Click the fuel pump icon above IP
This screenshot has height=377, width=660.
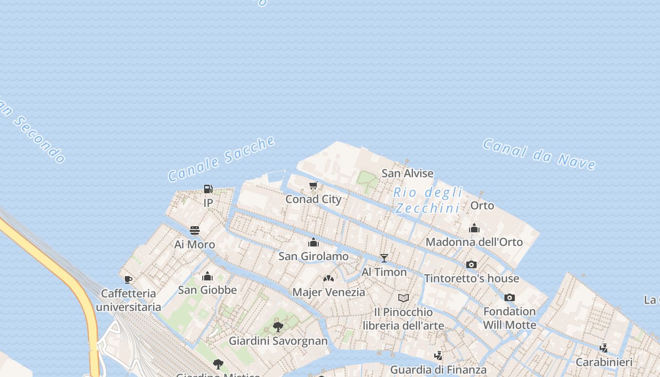pyautogui.click(x=208, y=189)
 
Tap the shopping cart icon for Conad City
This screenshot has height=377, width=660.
pyautogui.click(x=313, y=185)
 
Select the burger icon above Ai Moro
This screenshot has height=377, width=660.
pyautogui.click(x=195, y=230)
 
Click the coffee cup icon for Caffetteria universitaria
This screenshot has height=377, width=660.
pyautogui.click(x=128, y=279)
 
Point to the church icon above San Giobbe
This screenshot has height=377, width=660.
pyautogui.click(x=207, y=276)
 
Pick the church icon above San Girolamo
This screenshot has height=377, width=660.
pyautogui.click(x=313, y=243)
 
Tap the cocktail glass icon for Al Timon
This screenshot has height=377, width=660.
pyautogui.click(x=384, y=258)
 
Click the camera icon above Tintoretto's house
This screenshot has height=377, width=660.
pyautogui.click(x=471, y=265)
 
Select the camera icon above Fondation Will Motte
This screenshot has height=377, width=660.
pyautogui.click(x=510, y=297)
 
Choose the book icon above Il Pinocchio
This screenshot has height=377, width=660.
pyautogui.click(x=404, y=298)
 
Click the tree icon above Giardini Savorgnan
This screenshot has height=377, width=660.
pyautogui.click(x=278, y=327)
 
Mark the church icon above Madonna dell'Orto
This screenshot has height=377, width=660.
pyautogui.click(x=474, y=229)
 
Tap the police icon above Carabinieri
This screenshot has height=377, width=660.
pyautogui.click(x=604, y=348)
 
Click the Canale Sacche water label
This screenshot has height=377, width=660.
pyautogui.click(x=222, y=159)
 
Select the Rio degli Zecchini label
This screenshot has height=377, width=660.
pyautogui.click(x=428, y=200)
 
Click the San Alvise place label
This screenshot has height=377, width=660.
pyautogui.click(x=407, y=173)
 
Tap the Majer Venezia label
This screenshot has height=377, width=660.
pyautogui.click(x=329, y=292)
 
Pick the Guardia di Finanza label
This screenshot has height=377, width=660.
pyautogui.click(x=438, y=370)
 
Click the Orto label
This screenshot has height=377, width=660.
pyautogui.click(x=482, y=205)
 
